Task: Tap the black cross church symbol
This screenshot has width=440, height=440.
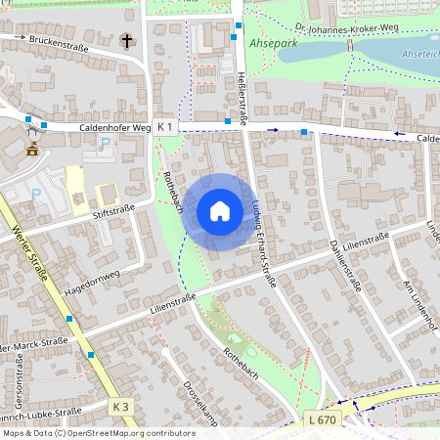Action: pos(127,41)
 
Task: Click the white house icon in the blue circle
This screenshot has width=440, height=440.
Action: pos(219,211)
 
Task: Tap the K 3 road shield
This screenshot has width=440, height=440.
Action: pos(120,406)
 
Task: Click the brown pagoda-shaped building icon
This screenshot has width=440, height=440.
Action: pos(32,149)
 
